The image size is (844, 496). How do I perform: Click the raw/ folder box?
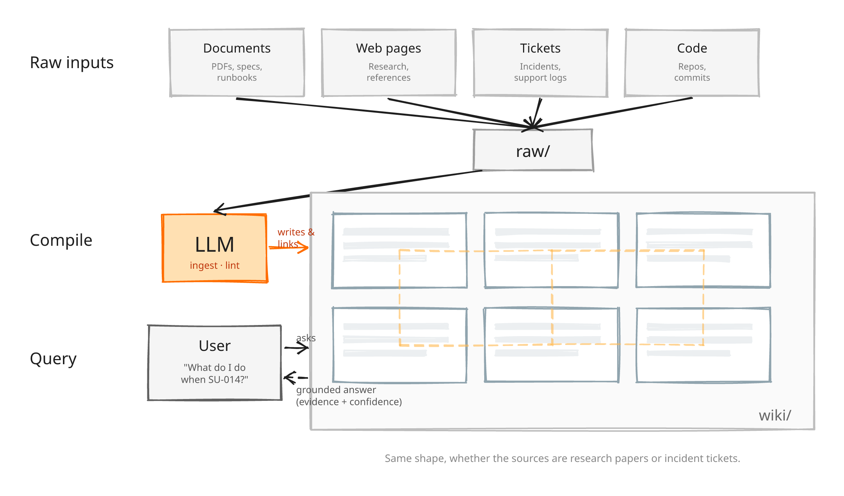(x=533, y=151)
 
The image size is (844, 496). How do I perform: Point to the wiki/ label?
(x=775, y=415)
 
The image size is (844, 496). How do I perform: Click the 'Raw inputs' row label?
(x=71, y=63)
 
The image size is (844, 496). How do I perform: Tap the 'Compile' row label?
(x=61, y=240)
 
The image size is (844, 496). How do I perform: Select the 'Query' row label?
(x=53, y=359)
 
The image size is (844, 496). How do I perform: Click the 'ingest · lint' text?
(x=215, y=265)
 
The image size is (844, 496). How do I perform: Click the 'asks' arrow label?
(x=306, y=338)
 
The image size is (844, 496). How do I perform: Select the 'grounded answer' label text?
(x=336, y=390)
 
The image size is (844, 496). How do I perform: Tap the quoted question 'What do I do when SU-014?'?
(x=215, y=373)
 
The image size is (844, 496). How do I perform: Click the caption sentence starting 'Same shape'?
(x=562, y=458)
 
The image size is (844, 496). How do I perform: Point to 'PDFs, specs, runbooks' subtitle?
(x=237, y=72)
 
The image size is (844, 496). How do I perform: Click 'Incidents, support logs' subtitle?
(x=540, y=72)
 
